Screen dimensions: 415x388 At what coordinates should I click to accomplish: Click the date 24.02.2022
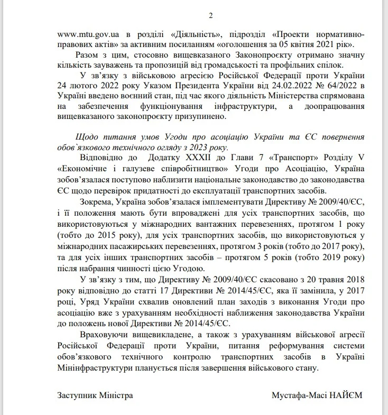[271, 85]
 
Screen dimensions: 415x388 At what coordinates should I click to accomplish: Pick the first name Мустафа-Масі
[295, 395]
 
